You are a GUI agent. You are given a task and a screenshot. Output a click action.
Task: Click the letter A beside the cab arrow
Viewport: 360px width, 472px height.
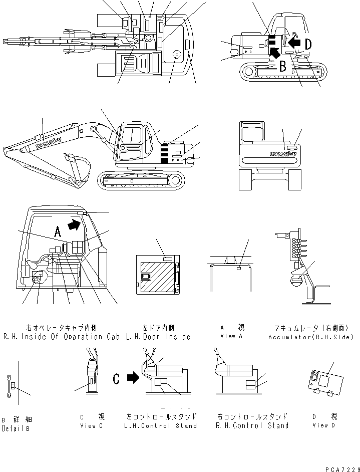(x=58, y=231)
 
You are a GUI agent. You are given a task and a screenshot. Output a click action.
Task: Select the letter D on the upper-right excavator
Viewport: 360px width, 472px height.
(x=308, y=44)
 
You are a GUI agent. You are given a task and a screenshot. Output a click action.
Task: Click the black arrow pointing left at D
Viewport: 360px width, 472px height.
(x=294, y=44)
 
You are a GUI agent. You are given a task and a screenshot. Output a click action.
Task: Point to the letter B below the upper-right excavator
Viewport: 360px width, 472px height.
(x=283, y=66)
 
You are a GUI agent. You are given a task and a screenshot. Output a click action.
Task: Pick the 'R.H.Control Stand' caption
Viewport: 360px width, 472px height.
(x=252, y=425)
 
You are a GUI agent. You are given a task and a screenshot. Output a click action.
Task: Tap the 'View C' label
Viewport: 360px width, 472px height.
(x=92, y=425)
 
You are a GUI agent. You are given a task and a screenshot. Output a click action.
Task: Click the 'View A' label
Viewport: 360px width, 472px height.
(x=231, y=336)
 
